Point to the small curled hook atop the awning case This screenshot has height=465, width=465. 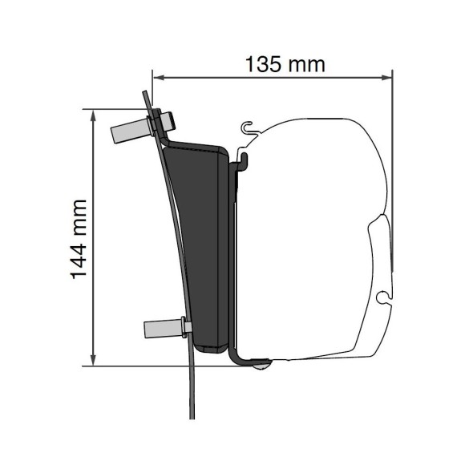249,127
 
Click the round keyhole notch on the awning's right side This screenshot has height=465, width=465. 385,297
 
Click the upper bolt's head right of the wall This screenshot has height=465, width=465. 171,119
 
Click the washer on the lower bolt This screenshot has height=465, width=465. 184,327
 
